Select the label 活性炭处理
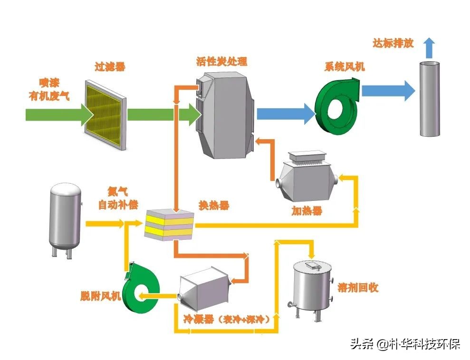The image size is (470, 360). click(221, 61)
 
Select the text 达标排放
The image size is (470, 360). click(393, 43)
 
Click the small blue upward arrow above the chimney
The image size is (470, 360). click(429, 46)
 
